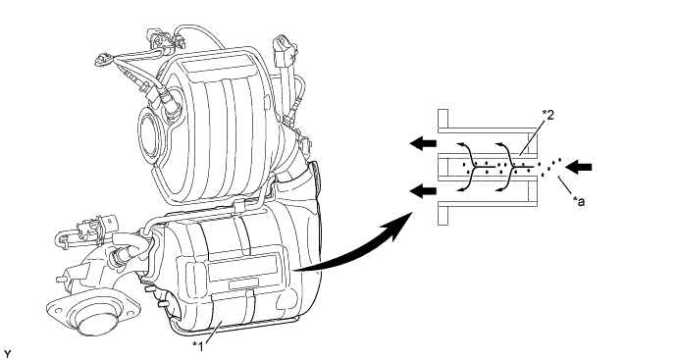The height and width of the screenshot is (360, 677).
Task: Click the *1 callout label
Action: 198,345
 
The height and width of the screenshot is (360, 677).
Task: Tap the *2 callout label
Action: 547,115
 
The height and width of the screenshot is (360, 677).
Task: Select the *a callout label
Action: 579,201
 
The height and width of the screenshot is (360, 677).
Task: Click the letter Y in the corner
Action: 7,354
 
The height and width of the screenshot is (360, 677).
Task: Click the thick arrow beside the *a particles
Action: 578,167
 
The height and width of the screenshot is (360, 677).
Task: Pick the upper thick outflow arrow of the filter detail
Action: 423,144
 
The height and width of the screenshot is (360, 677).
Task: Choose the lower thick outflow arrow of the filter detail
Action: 423,191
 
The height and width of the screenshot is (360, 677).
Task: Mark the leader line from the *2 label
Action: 532,137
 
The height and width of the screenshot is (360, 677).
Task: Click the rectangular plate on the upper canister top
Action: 219,66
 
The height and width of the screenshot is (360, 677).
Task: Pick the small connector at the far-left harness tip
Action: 102,60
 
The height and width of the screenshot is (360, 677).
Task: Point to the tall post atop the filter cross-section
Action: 443,119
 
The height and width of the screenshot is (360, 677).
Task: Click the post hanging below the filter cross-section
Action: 443,215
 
